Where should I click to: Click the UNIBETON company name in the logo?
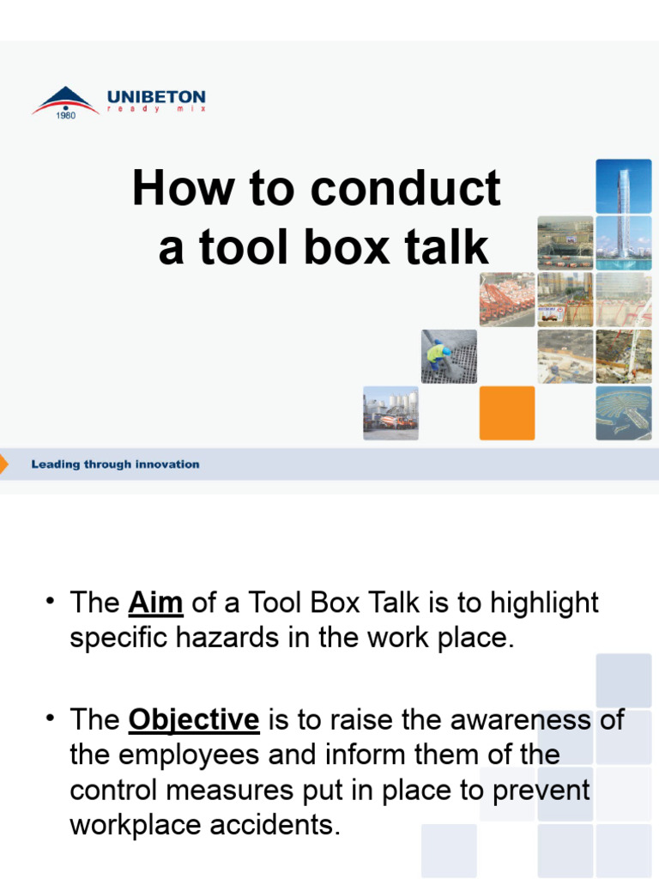coord(155,97)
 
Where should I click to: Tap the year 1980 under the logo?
coord(66,116)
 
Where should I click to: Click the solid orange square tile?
coord(506,413)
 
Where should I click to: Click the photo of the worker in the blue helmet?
coord(449,356)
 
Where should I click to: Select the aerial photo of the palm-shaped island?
coord(623,413)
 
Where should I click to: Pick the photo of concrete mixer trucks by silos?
coord(390,413)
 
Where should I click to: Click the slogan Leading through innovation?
coord(115,464)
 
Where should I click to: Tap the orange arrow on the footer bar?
coord(4,464)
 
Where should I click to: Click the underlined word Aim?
coord(155,603)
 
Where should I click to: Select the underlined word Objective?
coord(193,719)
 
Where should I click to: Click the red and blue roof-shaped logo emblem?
coord(64,100)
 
